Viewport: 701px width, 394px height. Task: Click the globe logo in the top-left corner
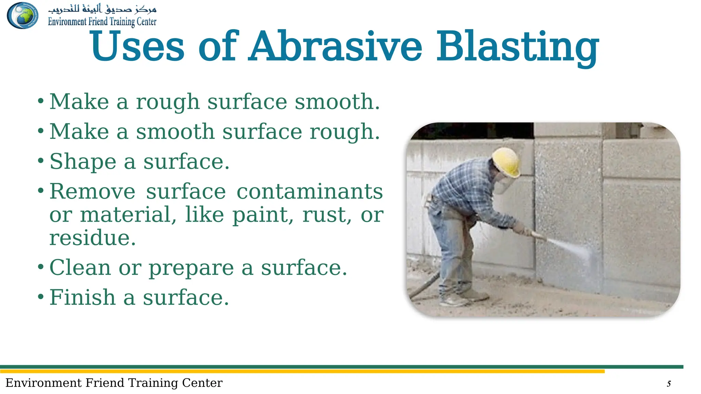(x=23, y=15)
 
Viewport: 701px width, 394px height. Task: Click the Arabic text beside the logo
(x=102, y=8)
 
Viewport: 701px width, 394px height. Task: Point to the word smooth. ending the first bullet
(x=337, y=102)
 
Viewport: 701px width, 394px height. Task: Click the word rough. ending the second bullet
(x=345, y=132)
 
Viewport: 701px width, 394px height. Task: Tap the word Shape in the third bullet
(x=83, y=161)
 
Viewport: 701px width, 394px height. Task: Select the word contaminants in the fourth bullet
(x=309, y=191)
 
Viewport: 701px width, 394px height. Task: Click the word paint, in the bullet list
(x=263, y=215)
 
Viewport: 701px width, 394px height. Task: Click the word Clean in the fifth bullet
(x=80, y=267)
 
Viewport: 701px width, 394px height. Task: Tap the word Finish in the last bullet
(x=82, y=297)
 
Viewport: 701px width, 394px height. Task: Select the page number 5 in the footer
(x=668, y=384)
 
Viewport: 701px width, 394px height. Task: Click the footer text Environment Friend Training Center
(x=114, y=383)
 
